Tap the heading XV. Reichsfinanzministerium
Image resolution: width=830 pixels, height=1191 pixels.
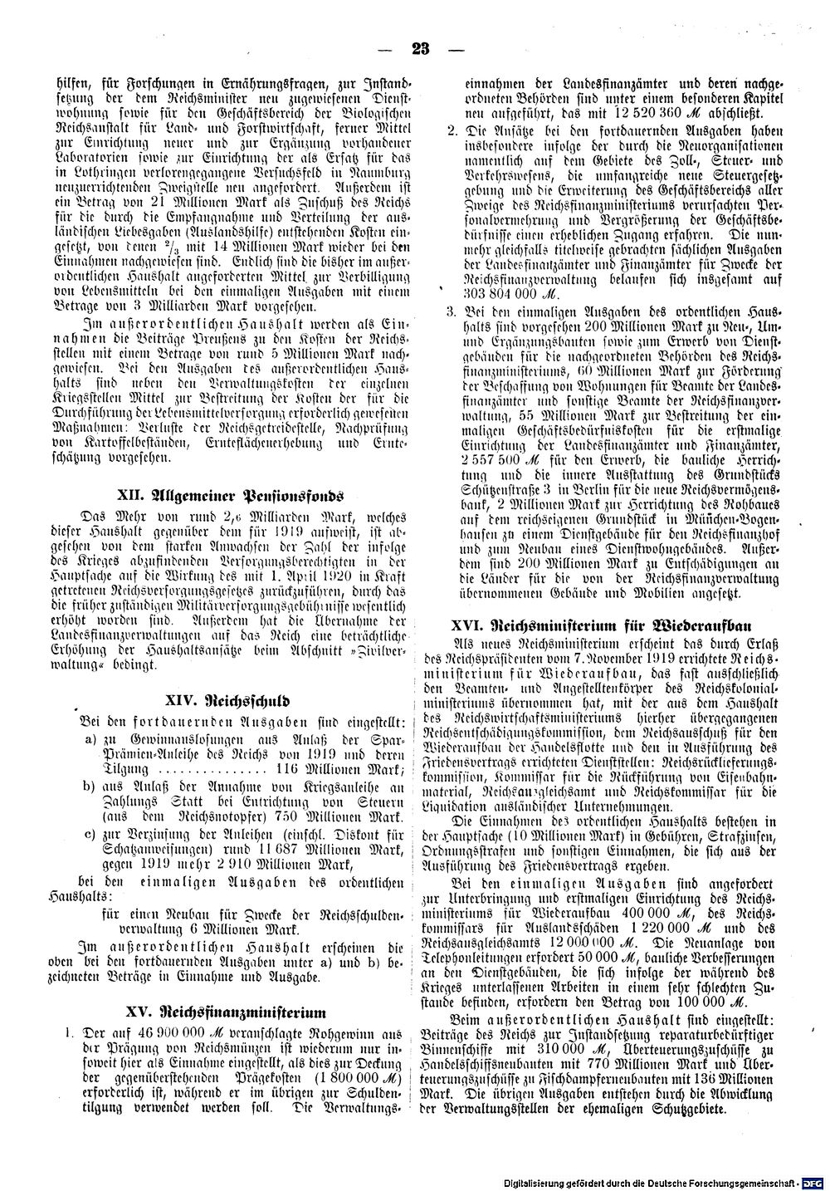pos(226,1012)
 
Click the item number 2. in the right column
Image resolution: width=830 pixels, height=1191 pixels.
pos(452,131)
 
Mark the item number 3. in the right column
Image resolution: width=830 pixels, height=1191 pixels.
pos(452,311)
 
